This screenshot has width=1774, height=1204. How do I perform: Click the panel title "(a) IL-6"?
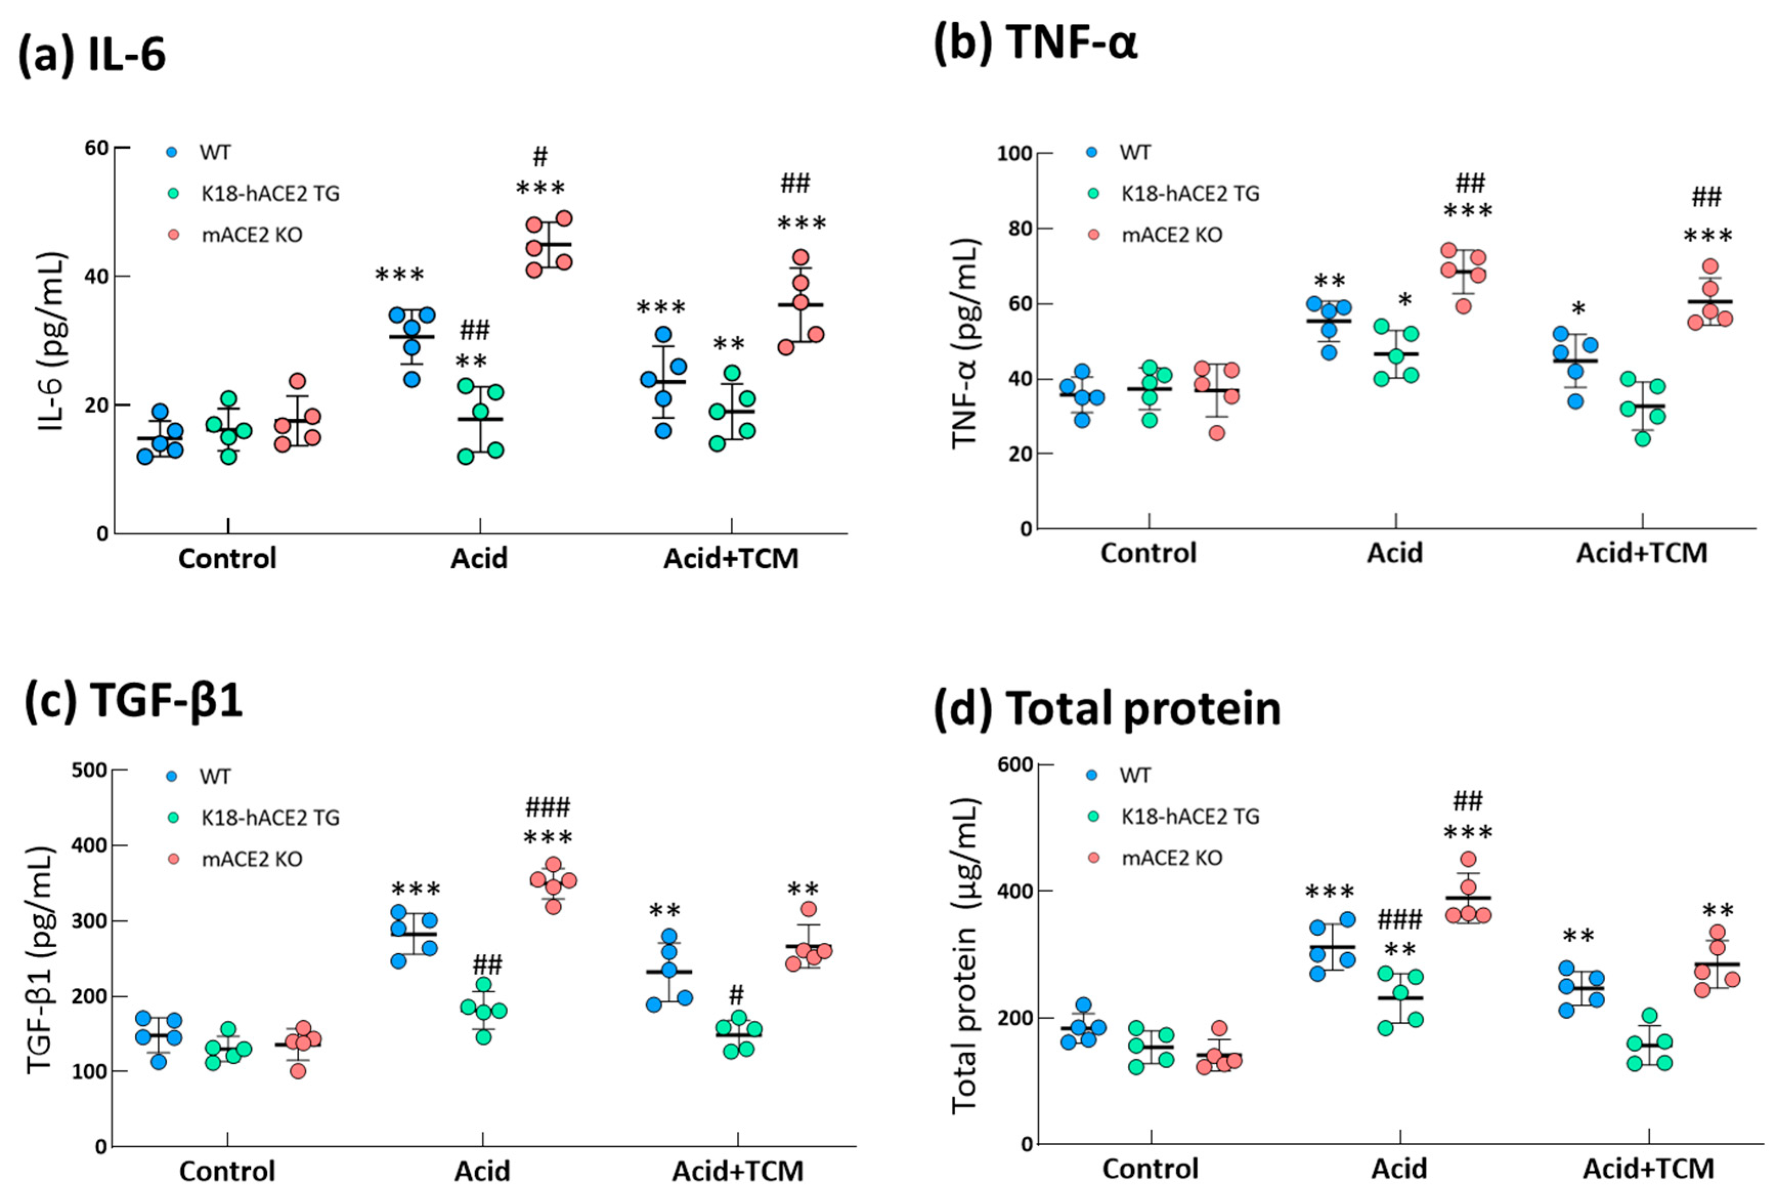pos(92,55)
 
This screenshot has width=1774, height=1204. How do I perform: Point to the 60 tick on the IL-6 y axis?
pos(96,147)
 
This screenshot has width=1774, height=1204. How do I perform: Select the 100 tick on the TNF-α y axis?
pos(1014,154)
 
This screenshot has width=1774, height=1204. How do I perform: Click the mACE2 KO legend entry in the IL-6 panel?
pos(251,234)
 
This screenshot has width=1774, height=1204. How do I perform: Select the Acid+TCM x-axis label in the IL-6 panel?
pos(731,559)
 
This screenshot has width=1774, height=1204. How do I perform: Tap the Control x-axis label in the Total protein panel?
pos(1150,1169)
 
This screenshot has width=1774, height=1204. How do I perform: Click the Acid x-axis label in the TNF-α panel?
pos(1395,553)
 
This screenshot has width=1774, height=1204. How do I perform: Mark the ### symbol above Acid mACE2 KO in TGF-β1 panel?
pos(547,807)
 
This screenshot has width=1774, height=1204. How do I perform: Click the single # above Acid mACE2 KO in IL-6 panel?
pos(540,157)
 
